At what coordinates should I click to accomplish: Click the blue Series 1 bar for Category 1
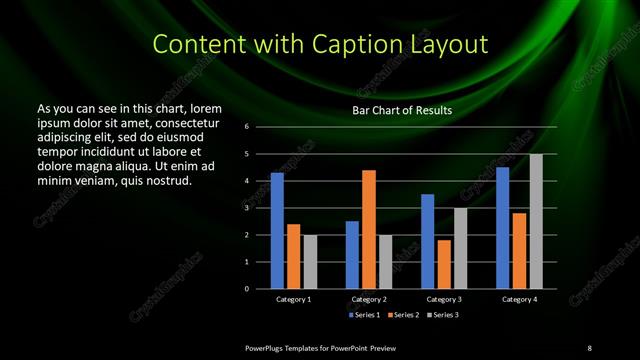[x=277, y=231]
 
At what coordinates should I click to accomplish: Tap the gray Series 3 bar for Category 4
[x=536, y=221]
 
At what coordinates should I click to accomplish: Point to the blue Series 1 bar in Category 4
[x=502, y=228]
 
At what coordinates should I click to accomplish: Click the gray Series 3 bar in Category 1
[x=310, y=262]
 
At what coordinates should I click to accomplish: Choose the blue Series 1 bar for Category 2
[x=352, y=255]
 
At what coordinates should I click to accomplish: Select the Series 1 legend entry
[x=365, y=315]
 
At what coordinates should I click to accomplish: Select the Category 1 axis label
[x=293, y=299]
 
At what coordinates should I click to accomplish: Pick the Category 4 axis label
[x=518, y=299]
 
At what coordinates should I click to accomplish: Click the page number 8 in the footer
[x=589, y=347]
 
